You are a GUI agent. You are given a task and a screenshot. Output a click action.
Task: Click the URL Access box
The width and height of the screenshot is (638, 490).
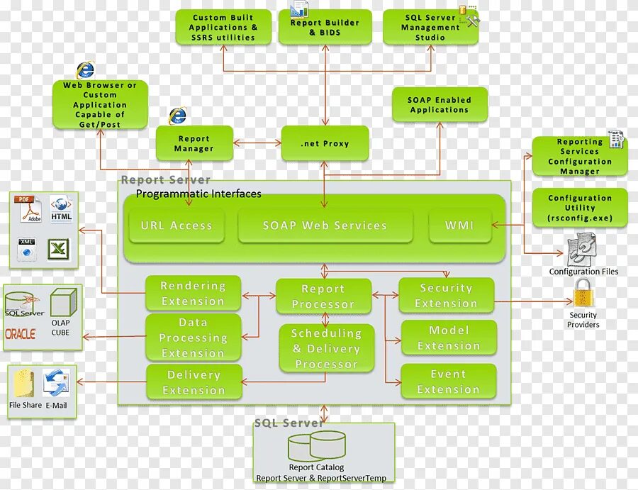point(177,226)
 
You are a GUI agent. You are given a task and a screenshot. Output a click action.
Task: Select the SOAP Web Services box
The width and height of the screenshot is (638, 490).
point(325,226)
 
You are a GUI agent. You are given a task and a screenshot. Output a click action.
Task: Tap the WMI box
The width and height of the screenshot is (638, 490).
point(459,226)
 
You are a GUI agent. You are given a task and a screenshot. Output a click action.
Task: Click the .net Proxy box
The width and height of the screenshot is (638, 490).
point(325,143)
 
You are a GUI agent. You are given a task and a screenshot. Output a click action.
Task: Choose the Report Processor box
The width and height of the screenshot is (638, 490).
point(323,296)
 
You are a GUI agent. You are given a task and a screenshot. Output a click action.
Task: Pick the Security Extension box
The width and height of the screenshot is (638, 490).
point(446,296)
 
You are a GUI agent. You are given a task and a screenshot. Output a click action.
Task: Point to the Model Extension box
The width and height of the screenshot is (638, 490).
point(448,338)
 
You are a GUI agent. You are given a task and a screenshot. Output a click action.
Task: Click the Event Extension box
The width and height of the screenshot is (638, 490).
point(448,382)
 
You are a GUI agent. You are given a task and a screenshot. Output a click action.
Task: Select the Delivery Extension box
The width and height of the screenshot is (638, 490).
point(194,382)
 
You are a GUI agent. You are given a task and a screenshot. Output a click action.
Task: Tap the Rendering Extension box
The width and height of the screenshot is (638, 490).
point(193,294)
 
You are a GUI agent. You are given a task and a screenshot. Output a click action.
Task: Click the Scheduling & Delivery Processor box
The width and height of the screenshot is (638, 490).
point(326,348)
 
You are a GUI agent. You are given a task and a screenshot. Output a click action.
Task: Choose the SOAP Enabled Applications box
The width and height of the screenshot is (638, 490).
point(440,105)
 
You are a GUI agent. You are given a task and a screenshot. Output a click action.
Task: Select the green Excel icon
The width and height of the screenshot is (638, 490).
point(59,249)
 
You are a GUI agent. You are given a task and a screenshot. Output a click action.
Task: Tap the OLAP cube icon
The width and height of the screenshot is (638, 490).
point(62,302)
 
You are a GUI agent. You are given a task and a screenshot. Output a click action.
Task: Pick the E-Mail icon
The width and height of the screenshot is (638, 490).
point(55,384)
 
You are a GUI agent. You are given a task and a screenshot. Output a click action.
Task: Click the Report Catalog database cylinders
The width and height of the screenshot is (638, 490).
point(316,446)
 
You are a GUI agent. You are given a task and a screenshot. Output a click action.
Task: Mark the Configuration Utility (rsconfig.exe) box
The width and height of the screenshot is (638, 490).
point(580,208)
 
